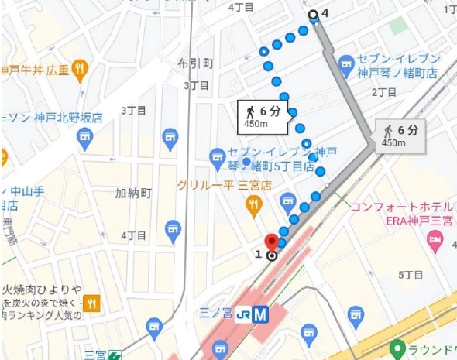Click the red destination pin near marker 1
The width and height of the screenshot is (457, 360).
[271, 240]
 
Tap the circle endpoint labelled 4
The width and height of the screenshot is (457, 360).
[313, 14]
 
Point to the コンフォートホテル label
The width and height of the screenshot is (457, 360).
[401, 207]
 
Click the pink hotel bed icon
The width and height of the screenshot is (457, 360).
[435, 243]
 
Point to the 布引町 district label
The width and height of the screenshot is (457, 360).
[194, 63]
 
